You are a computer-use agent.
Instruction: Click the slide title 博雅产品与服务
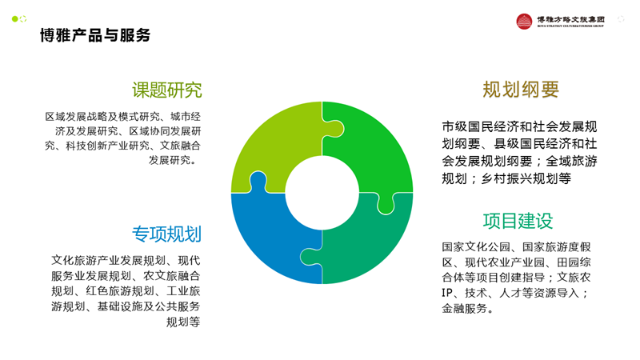pyautogui.click(x=95, y=35)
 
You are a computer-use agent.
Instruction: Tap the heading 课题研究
pyautogui.click(x=167, y=90)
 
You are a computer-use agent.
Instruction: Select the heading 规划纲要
pyautogui.click(x=521, y=90)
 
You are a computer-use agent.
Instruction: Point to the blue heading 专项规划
pyautogui.click(x=166, y=234)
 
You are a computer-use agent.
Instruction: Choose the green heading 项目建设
pyautogui.click(x=518, y=222)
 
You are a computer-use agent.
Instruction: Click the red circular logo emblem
pyautogui.click(x=524, y=22)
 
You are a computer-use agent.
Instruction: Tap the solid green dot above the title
pyautogui.click(x=15, y=18)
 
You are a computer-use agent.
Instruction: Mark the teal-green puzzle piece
pyautogui.click(x=367, y=241)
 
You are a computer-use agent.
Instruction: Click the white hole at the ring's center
pyautogui.click(x=322, y=193)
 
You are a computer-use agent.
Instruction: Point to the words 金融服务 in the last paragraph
pyautogui.click(x=465, y=309)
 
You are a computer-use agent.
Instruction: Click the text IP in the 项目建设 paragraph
pyautogui.click(x=447, y=293)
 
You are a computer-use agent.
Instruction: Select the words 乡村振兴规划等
pyautogui.click(x=526, y=178)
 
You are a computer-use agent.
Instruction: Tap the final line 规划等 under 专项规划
pyautogui.click(x=183, y=322)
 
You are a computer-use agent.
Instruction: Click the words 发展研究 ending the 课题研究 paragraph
pyautogui.click(x=170, y=160)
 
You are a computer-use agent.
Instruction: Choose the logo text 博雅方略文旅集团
pyautogui.click(x=570, y=19)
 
